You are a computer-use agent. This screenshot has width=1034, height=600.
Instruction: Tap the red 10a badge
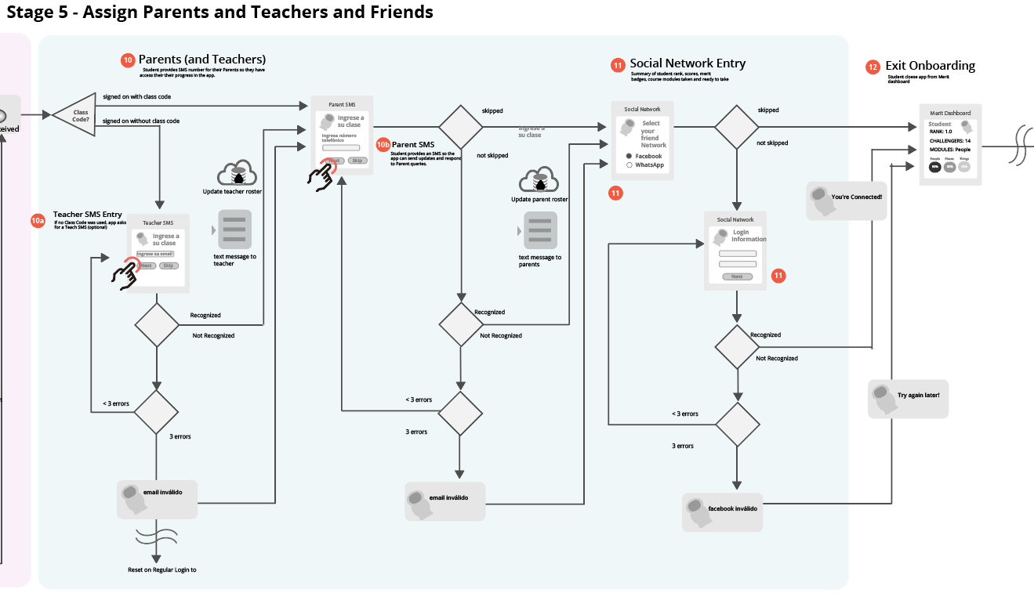click(x=38, y=221)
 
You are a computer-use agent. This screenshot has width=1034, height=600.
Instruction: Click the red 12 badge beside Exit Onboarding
click(x=873, y=67)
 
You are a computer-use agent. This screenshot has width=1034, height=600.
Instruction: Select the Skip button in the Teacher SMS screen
click(x=169, y=266)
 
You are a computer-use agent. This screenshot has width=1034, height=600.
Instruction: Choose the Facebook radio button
click(x=629, y=157)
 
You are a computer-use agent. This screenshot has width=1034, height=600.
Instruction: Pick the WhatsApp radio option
click(x=629, y=165)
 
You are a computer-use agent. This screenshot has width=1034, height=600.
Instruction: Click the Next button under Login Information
click(x=737, y=277)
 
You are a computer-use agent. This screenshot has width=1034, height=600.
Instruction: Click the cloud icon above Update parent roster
click(x=539, y=180)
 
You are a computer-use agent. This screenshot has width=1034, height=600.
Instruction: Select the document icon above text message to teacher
click(x=234, y=230)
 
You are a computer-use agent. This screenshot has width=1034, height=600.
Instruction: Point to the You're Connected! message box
click(x=847, y=199)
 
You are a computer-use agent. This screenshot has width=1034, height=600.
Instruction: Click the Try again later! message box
click(x=909, y=398)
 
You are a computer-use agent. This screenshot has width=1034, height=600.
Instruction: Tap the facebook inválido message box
click(x=722, y=511)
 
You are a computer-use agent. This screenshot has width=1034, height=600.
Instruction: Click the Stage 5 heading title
click(x=219, y=13)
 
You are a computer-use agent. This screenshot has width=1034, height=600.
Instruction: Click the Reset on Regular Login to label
click(x=162, y=569)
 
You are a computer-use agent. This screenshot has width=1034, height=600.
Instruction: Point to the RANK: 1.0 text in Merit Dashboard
click(x=941, y=132)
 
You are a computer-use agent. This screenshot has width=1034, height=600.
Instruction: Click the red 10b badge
click(x=383, y=145)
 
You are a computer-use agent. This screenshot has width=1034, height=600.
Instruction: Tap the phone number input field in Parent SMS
click(x=341, y=147)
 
